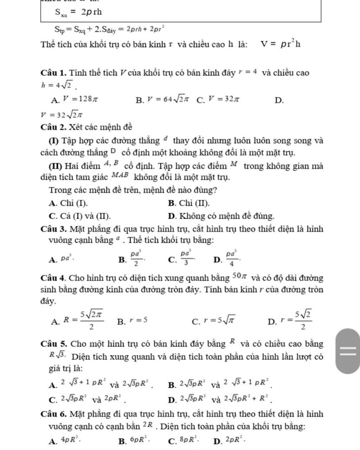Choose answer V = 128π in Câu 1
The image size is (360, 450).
tap(80, 99)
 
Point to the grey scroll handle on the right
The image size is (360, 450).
tap(348, 351)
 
